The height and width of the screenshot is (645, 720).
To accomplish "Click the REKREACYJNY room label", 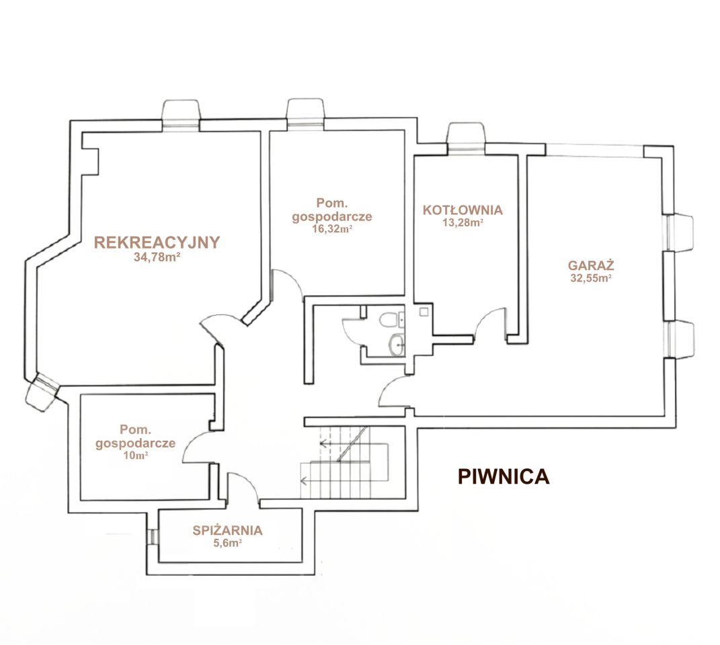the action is click(x=157, y=243).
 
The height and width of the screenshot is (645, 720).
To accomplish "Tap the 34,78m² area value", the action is click(x=157, y=257).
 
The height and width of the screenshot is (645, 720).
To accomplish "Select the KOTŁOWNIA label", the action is click(x=463, y=210).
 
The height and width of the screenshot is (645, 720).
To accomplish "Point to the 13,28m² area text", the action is click(x=463, y=222).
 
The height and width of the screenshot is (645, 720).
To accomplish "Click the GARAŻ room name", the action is click(x=591, y=265).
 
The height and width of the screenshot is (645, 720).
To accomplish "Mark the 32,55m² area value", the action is click(x=591, y=277).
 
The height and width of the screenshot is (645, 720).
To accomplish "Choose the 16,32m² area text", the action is click(x=332, y=228).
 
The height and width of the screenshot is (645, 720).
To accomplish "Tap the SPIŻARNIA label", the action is click(x=227, y=531).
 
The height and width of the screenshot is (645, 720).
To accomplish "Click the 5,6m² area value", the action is click(x=227, y=543).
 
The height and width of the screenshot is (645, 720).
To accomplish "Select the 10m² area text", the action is click(x=135, y=456).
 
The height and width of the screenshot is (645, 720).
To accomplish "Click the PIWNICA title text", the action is click(x=504, y=477).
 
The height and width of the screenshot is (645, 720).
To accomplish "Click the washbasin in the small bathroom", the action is click(x=396, y=344).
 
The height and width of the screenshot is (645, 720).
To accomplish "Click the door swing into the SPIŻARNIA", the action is click(x=243, y=486).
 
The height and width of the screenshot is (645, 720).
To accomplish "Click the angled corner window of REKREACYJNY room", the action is click(x=43, y=390).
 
